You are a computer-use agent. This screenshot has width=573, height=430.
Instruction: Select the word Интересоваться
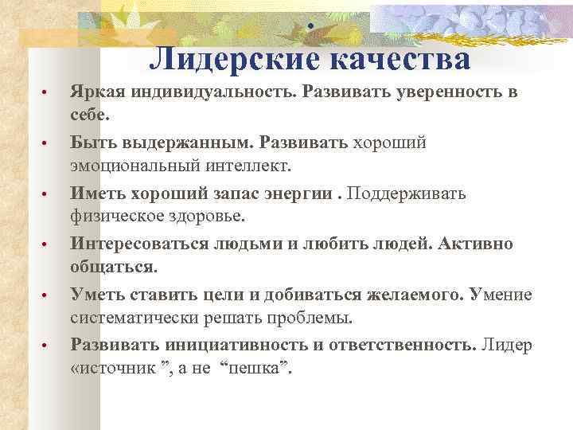[133, 244]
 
